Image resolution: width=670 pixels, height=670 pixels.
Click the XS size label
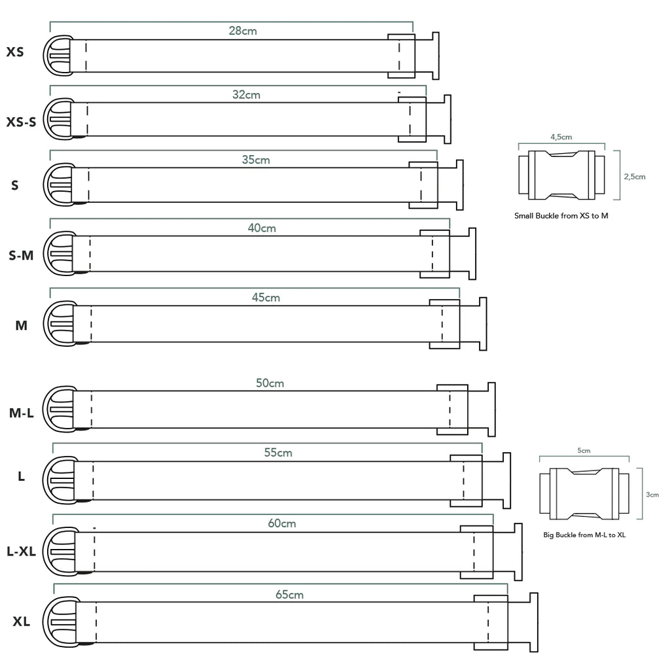click(x=15, y=52)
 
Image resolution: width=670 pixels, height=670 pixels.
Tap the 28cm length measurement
click(x=243, y=31)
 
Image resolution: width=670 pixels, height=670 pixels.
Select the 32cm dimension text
click(x=246, y=95)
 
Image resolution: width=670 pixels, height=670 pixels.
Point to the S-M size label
click(x=21, y=256)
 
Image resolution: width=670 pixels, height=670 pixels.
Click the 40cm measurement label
click(x=262, y=228)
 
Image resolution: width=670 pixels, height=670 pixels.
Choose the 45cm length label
click(x=266, y=298)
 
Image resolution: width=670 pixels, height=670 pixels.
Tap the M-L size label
click(x=21, y=413)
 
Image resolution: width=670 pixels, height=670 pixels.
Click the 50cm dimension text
click(x=270, y=383)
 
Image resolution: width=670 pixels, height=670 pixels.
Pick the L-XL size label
click(x=21, y=552)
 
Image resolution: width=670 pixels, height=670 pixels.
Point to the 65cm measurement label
click(x=289, y=595)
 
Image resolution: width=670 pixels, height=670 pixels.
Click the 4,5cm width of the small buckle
click(x=561, y=137)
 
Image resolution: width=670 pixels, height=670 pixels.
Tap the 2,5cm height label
click(x=634, y=177)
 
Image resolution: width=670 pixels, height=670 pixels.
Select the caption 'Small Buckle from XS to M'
click(x=561, y=215)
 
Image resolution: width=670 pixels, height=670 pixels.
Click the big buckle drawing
click(x=584, y=492)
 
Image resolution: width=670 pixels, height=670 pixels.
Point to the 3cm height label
click(x=652, y=495)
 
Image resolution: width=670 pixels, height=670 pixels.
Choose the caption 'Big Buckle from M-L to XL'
click(x=584, y=535)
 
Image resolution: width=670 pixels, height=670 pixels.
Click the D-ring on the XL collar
click(x=57, y=622)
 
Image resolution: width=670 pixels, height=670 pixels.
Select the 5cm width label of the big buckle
click(x=584, y=451)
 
